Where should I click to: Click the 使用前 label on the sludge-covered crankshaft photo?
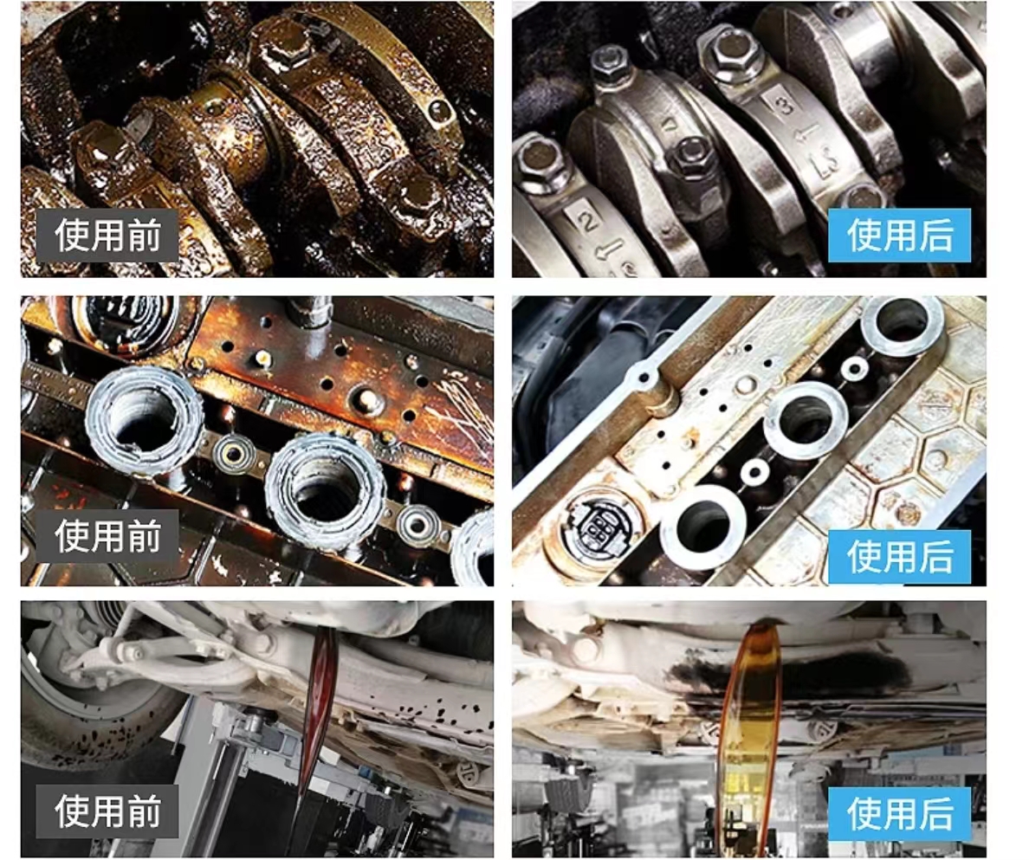click(107, 236)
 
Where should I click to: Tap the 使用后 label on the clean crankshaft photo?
click(900, 236)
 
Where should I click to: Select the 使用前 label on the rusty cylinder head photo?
click(107, 536)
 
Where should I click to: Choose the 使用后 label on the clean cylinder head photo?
click(900, 557)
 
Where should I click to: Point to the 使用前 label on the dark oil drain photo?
click(107, 812)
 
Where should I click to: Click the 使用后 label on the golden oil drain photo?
click(900, 814)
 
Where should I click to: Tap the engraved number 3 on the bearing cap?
click(786, 105)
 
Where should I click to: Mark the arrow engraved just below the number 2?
click(608, 250)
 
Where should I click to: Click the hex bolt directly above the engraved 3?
click(730, 49)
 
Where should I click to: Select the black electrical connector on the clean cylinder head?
click(597, 525)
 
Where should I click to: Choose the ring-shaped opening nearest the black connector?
click(702, 528)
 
